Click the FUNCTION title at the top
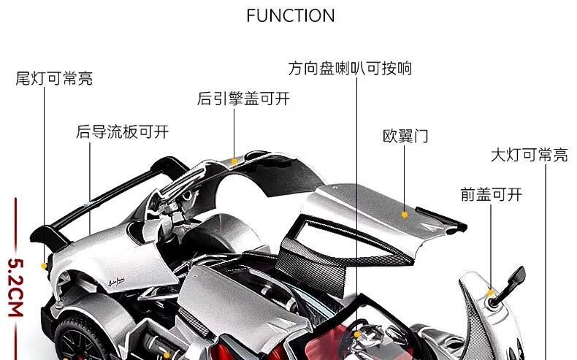[x=291, y=15]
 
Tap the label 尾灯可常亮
[x=54, y=78]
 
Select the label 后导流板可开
[x=122, y=131]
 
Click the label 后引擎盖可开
[x=243, y=99]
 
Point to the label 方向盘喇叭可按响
[x=350, y=69]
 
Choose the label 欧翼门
[x=405, y=136]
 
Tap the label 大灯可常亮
[x=530, y=155]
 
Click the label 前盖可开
[x=491, y=194]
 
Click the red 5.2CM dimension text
[x=15, y=288]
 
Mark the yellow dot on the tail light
[x=44, y=266]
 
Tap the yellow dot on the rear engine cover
[x=234, y=161]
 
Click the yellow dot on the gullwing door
[x=405, y=215]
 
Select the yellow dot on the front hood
[x=491, y=293]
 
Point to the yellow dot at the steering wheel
[x=357, y=334]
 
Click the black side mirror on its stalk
[x=509, y=286]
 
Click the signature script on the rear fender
[x=116, y=282]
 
